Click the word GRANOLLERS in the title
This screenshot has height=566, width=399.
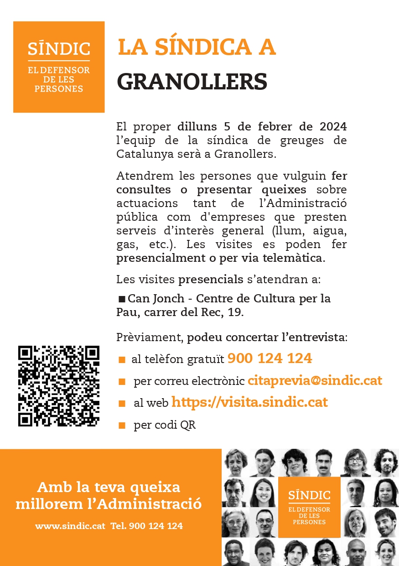(x=192, y=81)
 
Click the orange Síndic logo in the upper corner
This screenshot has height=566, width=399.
(x=59, y=67)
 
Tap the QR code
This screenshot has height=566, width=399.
(x=59, y=386)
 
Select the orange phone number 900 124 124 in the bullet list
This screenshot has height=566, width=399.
(x=269, y=358)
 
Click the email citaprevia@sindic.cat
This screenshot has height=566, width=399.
(x=315, y=380)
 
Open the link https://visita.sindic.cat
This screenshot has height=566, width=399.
(x=249, y=402)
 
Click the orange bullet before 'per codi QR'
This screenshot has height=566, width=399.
(x=122, y=426)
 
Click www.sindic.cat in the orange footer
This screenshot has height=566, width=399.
(x=70, y=526)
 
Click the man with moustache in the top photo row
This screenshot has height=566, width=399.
(x=324, y=462)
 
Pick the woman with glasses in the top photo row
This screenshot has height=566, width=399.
(x=355, y=462)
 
